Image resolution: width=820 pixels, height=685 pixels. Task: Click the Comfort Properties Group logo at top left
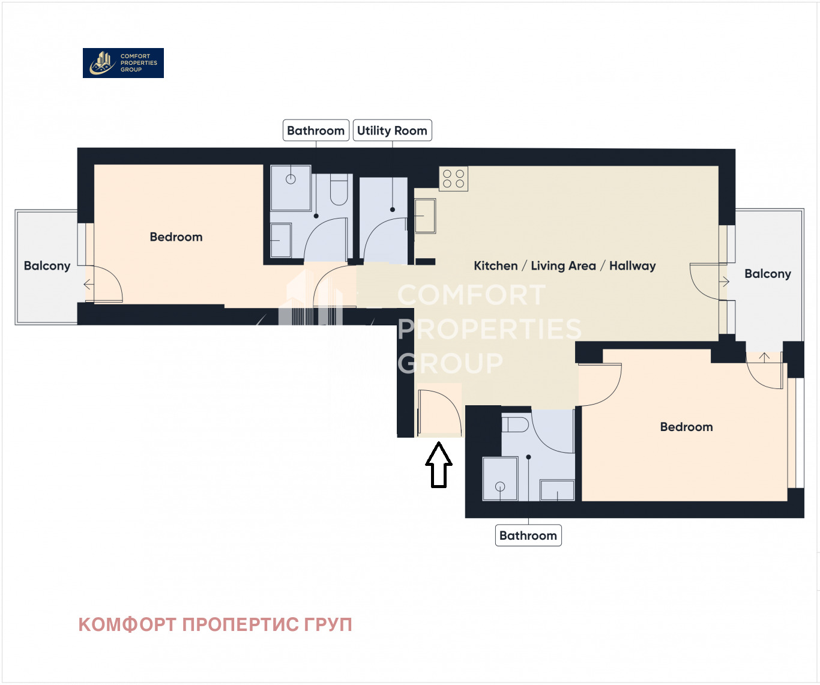click(123, 63)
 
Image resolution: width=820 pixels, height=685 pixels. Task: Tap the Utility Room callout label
click(392, 130)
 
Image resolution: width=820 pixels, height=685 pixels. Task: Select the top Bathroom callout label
click(316, 130)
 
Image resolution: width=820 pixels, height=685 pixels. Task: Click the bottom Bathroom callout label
click(528, 536)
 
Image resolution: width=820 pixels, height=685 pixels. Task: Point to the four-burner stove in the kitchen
click(453, 179)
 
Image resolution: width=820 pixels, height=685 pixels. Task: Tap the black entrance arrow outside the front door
click(439, 465)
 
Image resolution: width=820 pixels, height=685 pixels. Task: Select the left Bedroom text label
click(176, 237)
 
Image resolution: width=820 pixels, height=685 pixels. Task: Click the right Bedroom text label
click(686, 427)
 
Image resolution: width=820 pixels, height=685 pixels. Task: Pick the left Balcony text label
click(47, 266)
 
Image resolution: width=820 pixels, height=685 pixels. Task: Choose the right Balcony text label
click(767, 274)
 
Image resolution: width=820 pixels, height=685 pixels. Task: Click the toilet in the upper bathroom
click(339, 190)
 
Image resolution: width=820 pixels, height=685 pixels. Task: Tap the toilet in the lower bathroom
click(515, 424)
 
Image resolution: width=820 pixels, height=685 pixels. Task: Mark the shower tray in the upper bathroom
click(291, 187)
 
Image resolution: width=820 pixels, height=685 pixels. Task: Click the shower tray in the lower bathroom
click(500, 479)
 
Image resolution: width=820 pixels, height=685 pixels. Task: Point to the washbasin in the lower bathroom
click(557, 490)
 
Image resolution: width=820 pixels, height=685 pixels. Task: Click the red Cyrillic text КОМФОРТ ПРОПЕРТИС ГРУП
click(215, 624)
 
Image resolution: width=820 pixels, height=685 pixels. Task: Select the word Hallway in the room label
click(632, 266)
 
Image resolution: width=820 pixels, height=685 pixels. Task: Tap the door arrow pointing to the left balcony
click(88, 285)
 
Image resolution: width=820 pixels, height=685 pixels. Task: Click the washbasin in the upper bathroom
click(280, 240)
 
